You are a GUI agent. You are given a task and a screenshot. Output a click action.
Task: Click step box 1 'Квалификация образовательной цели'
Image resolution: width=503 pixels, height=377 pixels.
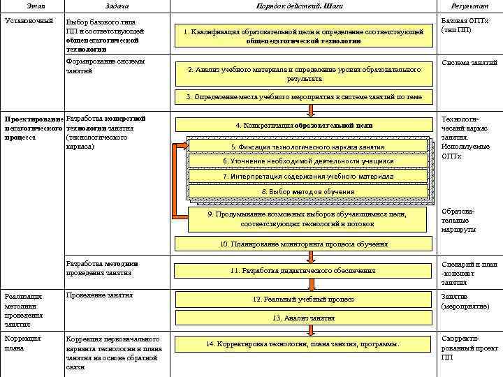pos(303,36)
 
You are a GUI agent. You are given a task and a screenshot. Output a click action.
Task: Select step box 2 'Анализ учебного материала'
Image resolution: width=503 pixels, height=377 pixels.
pos(303,74)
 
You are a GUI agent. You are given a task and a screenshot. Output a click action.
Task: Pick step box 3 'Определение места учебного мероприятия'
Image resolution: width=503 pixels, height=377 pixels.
pos(303,97)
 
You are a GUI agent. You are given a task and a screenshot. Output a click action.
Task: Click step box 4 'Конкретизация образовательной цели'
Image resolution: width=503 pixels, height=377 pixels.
pos(303,126)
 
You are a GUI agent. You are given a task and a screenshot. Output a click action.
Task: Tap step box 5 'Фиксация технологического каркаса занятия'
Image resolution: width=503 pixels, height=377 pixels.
pos(307,147)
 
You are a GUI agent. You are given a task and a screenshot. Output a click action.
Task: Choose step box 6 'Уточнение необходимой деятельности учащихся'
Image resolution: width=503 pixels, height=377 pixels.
pos(307,161)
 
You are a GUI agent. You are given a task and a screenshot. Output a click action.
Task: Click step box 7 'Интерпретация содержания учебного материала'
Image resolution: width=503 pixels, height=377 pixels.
pos(307,177)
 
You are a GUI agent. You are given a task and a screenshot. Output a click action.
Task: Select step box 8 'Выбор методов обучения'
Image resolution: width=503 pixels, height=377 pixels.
pos(307,191)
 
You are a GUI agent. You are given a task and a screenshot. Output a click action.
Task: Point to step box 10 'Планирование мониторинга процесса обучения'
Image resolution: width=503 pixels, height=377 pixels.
pos(303,244)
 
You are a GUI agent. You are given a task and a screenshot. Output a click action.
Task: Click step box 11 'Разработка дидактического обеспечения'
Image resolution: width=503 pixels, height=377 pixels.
pos(303,270)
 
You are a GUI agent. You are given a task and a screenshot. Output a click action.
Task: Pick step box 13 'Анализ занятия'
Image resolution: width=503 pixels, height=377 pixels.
pos(303,318)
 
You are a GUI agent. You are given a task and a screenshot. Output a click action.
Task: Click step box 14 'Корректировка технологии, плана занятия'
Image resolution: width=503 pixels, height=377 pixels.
pos(303,344)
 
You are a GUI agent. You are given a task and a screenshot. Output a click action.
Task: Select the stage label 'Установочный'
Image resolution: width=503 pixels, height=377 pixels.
pos(29,21)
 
